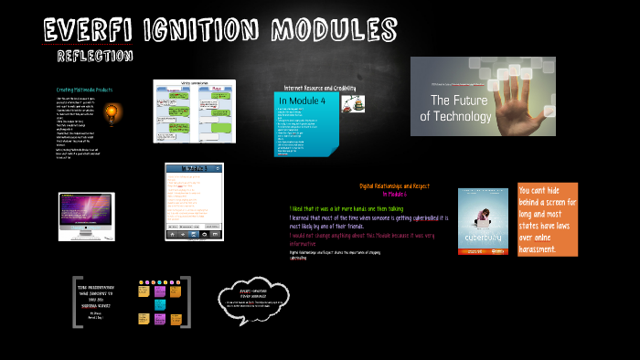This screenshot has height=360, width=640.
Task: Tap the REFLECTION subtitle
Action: [x=95, y=57]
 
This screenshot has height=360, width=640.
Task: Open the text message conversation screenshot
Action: [x=194, y=111]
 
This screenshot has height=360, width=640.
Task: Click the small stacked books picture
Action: [x=353, y=104]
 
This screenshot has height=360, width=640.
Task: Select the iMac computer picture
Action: [x=86, y=216]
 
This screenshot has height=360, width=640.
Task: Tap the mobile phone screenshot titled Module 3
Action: [x=194, y=201]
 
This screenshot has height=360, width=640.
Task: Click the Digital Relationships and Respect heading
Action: [x=394, y=185]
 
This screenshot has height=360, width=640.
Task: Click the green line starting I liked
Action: [x=346, y=208]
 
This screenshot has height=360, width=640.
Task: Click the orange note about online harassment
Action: [x=547, y=219]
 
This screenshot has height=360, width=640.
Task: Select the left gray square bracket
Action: [x=76, y=302]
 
